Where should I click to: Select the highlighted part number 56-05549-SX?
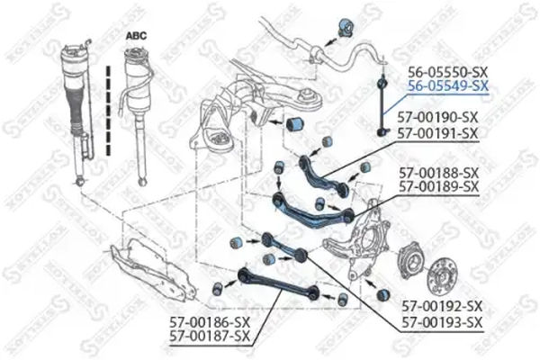pos(448,86)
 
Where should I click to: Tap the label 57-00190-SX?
pos(438,117)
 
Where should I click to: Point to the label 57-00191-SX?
pos(438,132)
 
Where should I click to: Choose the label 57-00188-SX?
pos(438,171)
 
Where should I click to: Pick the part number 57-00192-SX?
pos(442,306)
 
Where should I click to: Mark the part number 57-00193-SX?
pos(442,321)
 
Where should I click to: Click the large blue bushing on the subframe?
pos(293,123)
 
